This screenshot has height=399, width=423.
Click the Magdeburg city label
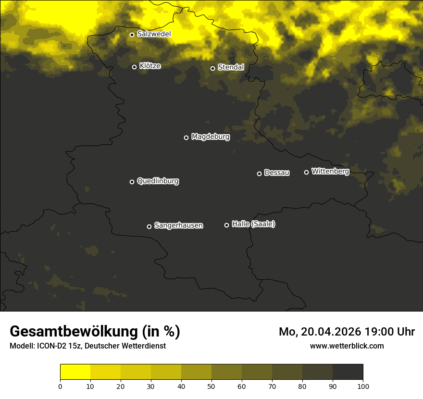pyautogui.click(x=211, y=137)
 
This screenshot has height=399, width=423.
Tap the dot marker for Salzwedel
pyautogui.click(x=132, y=35)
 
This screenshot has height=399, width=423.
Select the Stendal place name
pyautogui.click(x=231, y=67)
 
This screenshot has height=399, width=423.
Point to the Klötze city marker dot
pyautogui.click(x=135, y=67)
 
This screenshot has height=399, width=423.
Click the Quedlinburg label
pyautogui.click(x=158, y=181)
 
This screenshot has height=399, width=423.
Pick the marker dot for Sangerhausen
pyautogui.click(x=149, y=226)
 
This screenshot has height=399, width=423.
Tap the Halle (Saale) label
pyautogui.click(x=253, y=224)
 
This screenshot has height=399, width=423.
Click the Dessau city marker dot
pyautogui.click(x=259, y=174)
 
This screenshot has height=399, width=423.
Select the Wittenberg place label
pyautogui.click(x=330, y=171)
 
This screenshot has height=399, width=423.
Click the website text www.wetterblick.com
pyautogui.click(x=347, y=346)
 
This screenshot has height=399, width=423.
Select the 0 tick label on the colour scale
pyautogui.click(x=60, y=386)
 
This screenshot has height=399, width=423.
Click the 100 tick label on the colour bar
pyautogui.click(x=363, y=386)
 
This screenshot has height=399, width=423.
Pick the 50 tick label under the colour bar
pyautogui.click(x=211, y=386)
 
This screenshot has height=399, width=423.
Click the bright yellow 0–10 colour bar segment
pyautogui.click(x=75, y=372)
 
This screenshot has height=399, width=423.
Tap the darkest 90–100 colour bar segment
pyautogui.click(x=348, y=372)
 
